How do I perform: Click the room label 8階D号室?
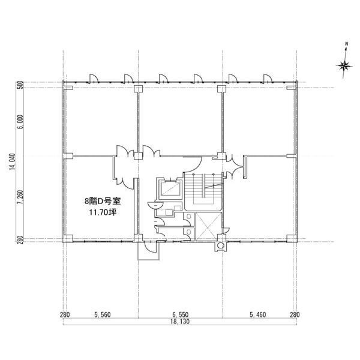tap(103, 202)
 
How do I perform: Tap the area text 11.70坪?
tap(103, 212)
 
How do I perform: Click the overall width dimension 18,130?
tap(180, 322)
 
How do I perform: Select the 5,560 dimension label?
tap(103, 314)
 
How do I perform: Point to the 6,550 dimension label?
tap(180, 314)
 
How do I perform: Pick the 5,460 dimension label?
tap(258, 314)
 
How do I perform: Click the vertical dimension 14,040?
tap(13, 162)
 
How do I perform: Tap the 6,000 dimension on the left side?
tap(20, 122)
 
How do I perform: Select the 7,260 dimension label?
tap(20, 197)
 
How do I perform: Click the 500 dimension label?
tap(20, 85)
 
